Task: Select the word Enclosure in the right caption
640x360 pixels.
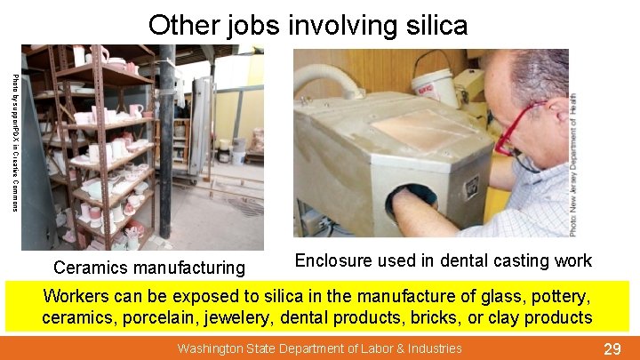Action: (332, 260)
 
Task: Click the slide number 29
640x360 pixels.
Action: (612, 348)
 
